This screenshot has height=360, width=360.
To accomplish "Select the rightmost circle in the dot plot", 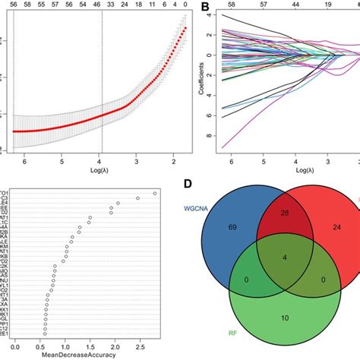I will tap(155, 194).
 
